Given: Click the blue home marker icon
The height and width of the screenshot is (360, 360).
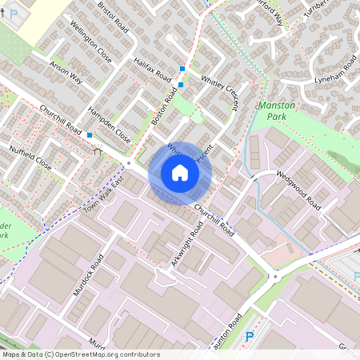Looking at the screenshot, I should pos(179,172).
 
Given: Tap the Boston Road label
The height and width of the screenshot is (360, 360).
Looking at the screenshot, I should pos(164,106).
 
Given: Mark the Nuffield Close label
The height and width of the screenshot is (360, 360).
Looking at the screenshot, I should pos(30,157).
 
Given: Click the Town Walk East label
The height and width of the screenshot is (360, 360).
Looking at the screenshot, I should pos(106,194).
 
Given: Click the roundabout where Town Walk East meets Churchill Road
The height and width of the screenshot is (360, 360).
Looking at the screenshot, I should pos(128,163).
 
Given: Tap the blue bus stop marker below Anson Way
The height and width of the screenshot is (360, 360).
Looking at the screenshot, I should pos(90,135).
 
